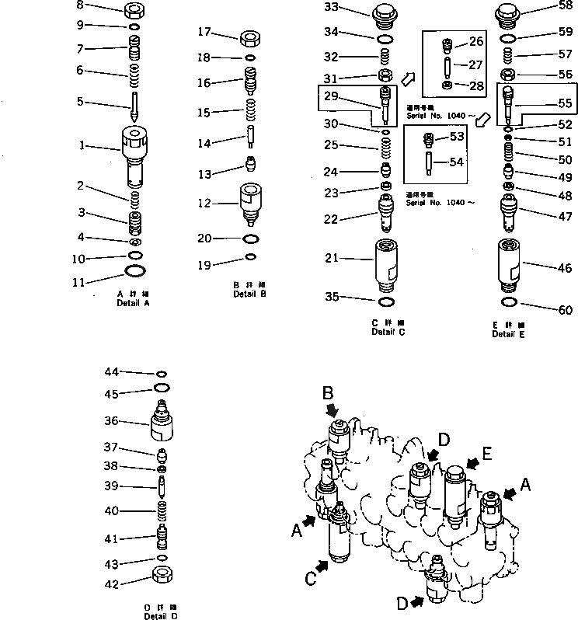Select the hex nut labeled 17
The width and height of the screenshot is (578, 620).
click(252, 37)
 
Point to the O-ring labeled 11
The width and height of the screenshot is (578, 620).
click(134, 271)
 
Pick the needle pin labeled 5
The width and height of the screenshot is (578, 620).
click(134, 104)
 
